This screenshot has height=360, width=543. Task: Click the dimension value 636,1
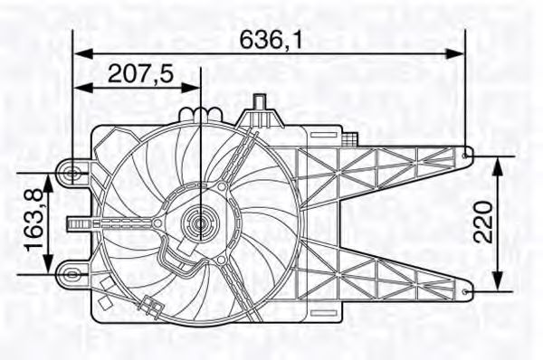point(271,39)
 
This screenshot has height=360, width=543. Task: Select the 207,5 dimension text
point(140,74)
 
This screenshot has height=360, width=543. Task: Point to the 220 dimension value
point(483,223)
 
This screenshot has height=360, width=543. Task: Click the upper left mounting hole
point(72,173)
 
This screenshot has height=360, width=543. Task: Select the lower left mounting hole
point(71,275)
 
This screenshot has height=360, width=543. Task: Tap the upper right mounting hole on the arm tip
point(465,156)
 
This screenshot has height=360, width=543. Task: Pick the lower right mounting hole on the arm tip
point(465,291)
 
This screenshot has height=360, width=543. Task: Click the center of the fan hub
point(201,224)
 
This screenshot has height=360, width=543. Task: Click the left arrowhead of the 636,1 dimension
point(83,53)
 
